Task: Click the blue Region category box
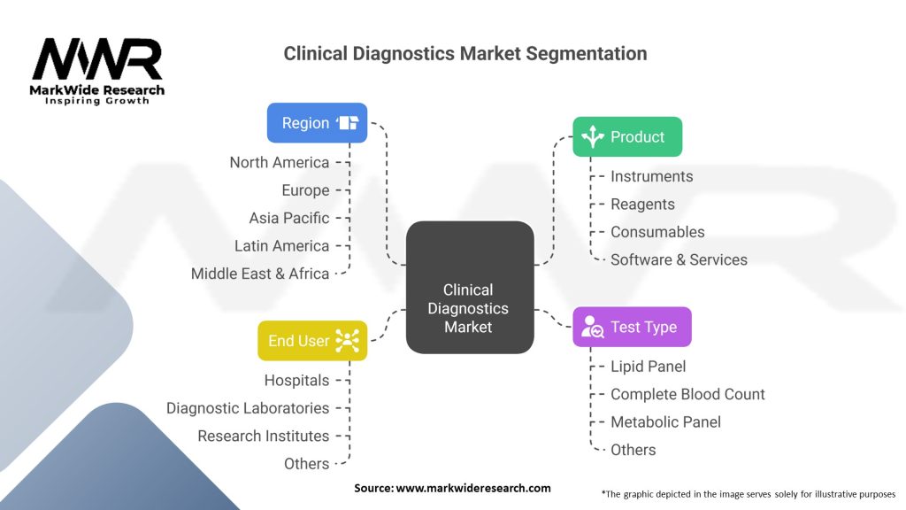coord(317,123)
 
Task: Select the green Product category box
coord(627,136)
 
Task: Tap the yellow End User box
coord(311,341)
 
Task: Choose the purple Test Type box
coord(632,327)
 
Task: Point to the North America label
coord(280,162)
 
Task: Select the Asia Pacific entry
coord(289,218)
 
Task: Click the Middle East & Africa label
coord(260,274)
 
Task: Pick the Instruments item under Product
coord(651,176)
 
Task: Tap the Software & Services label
coord(679,259)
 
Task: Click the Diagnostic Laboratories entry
coord(248,408)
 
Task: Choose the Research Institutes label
coord(264,436)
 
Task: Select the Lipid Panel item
coord(648,367)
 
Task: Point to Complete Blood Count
coord(687,394)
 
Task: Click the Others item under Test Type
coord(633,450)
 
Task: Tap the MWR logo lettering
coord(97,59)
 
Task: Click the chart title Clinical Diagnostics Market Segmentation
coord(465,53)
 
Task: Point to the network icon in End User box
coord(346,341)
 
